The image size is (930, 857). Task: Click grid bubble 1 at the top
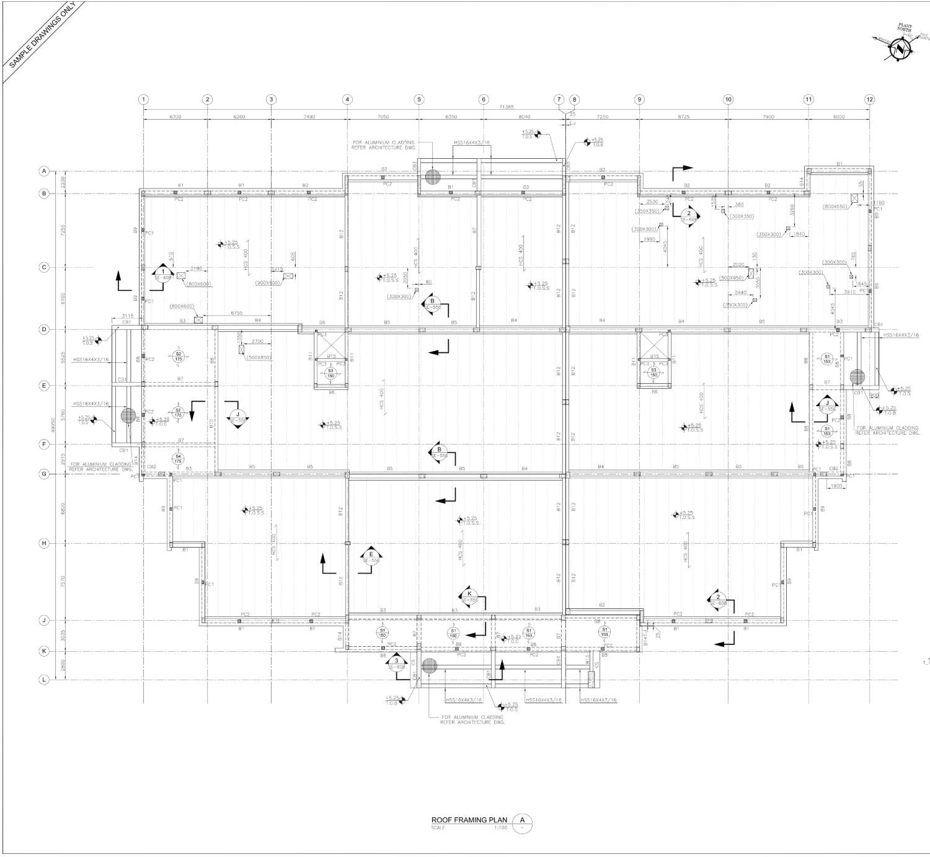tap(143, 99)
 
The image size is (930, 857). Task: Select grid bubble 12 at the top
tap(869, 99)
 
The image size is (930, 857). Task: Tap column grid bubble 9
tap(639, 99)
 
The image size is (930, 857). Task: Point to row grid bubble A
tap(44, 171)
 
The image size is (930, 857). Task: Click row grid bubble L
tap(44, 680)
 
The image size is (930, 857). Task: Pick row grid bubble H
tap(44, 543)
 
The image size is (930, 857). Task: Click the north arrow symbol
tap(899, 50)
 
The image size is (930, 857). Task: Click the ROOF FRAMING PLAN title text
tap(469, 820)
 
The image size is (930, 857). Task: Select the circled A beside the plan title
tap(522, 820)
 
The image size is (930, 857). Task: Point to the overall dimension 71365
tap(506, 107)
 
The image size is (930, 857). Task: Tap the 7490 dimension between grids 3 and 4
tap(309, 117)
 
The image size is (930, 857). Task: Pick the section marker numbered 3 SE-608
tap(397, 662)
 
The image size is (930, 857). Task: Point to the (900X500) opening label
tap(268, 283)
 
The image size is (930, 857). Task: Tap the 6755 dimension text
tap(237, 313)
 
